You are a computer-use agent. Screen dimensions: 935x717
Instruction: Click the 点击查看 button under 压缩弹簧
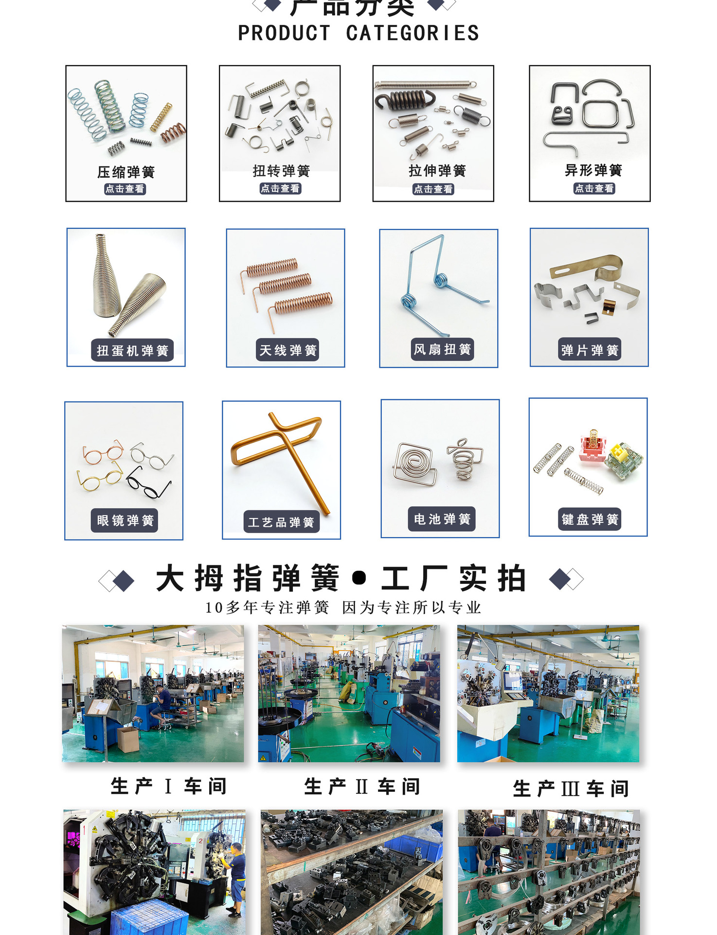[125, 189]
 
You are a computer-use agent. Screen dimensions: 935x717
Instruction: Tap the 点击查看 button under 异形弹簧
[594, 188]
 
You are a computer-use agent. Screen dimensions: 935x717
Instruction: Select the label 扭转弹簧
[281, 171]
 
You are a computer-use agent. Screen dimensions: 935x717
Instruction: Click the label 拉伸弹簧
[437, 170]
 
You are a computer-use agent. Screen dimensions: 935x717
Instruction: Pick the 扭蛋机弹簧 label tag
[132, 350]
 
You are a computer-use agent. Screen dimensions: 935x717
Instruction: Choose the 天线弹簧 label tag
[287, 350]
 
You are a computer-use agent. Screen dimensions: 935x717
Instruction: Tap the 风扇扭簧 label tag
[442, 349]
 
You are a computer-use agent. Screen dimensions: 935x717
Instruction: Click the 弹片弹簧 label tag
[590, 350]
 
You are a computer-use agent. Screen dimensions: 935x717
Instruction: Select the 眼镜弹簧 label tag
[125, 520]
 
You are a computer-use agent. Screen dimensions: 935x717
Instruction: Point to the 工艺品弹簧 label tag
[281, 522]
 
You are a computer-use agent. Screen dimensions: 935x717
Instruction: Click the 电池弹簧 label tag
[442, 519]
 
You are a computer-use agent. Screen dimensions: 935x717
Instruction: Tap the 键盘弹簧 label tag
[590, 519]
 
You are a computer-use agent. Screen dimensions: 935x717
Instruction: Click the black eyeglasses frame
[148, 482]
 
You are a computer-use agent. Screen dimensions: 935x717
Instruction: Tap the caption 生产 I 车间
[168, 786]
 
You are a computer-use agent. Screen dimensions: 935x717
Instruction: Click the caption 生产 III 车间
[571, 788]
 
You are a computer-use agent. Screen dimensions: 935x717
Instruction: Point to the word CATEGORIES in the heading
[412, 33]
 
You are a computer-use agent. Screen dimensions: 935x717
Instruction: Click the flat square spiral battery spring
[414, 464]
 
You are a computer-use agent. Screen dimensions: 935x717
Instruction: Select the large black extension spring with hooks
[404, 100]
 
